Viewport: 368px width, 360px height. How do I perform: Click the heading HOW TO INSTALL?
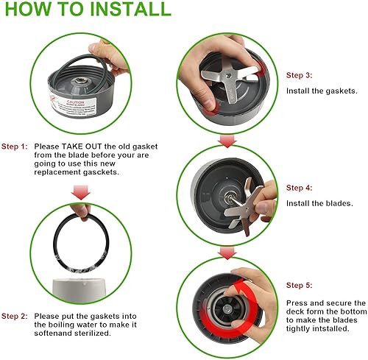(x=86, y=10)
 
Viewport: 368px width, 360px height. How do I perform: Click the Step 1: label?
(x=15, y=147)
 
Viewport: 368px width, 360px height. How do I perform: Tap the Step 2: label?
(x=15, y=317)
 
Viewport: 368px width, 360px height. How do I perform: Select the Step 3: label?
(x=300, y=75)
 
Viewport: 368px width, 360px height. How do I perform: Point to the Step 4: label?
(x=300, y=188)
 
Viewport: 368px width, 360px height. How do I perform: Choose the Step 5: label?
(x=300, y=286)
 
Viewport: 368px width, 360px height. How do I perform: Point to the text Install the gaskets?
(x=322, y=91)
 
